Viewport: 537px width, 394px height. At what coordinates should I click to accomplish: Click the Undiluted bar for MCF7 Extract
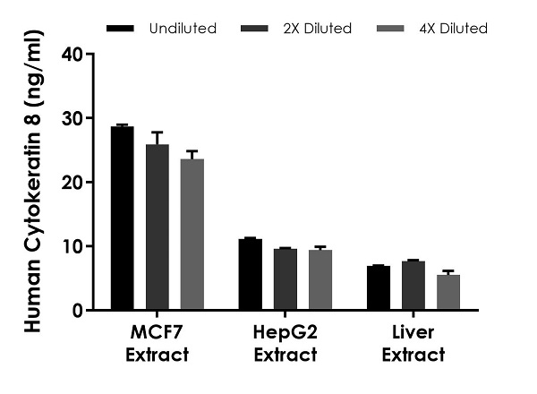coord(123,219)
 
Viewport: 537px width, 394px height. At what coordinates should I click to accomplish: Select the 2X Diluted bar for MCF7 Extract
coord(158,227)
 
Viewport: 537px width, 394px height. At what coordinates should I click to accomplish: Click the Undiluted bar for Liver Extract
coord(379,288)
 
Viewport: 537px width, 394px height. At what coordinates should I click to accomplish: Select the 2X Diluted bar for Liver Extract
coord(413,286)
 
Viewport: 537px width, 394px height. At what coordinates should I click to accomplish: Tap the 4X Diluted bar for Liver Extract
coord(448,293)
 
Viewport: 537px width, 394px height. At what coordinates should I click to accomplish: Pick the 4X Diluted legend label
coord(454,29)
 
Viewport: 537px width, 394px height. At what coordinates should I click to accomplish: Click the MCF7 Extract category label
coord(158,344)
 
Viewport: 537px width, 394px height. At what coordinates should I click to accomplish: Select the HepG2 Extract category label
coord(286,344)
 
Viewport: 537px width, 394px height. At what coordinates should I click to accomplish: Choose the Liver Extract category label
coord(413,344)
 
